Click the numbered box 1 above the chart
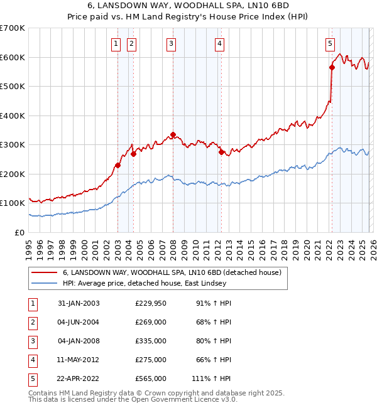pos(117,43)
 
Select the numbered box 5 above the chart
pos(330,43)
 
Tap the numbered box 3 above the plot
pos(171,43)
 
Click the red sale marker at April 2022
pos(332,68)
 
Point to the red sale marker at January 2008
pos(173,134)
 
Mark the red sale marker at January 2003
pos(117,166)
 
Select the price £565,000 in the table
pos(151,378)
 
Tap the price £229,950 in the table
pos(151,303)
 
